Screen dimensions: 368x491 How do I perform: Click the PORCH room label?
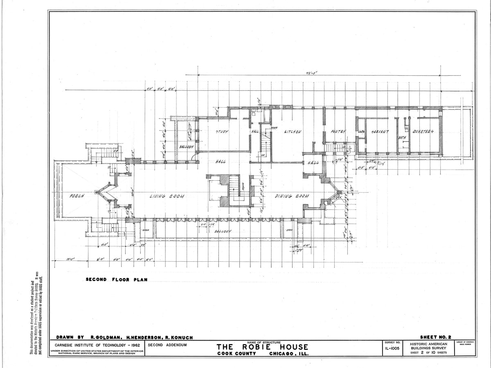[x=77, y=196]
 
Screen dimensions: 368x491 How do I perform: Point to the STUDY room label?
[x=222, y=132]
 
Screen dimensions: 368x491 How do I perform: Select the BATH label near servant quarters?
[x=402, y=138]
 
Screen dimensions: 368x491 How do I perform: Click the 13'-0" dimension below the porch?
[x=72, y=260]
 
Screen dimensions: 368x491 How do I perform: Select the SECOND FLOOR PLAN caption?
[x=116, y=280]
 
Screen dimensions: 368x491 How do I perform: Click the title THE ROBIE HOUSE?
[x=262, y=347]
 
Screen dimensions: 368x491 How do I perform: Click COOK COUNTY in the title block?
[x=237, y=354]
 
